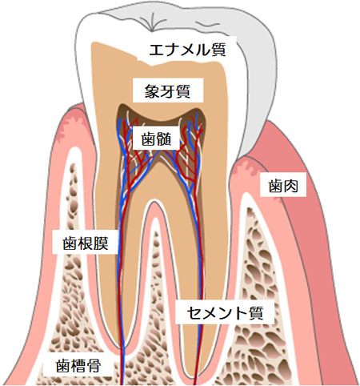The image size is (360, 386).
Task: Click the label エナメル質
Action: click(x=187, y=50)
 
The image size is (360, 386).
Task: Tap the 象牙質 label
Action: click(x=167, y=91)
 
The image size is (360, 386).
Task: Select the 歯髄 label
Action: click(x=156, y=139)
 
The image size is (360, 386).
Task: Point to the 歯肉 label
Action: click(x=283, y=186)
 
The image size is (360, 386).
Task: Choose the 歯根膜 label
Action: click(x=86, y=243)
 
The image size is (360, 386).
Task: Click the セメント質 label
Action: click(x=225, y=312)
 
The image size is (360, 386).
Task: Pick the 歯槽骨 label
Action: click(x=78, y=365)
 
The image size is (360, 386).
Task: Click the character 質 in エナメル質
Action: click(x=219, y=50)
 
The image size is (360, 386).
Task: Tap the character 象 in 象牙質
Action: click(x=152, y=91)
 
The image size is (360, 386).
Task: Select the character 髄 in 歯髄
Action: click(x=164, y=139)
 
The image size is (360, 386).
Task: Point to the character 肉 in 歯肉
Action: click(x=291, y=186)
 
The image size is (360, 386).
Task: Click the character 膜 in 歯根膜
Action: click(x=101, y=243)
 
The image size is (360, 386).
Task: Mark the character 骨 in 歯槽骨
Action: click(x=94, y=365)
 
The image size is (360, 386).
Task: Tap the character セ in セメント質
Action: click(x=194, y=312)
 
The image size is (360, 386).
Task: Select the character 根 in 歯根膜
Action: click(x=86, y=243)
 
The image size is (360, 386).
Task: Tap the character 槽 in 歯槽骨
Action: click(x=78, y=365)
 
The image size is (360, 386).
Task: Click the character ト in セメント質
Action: click(x=241, y=312)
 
